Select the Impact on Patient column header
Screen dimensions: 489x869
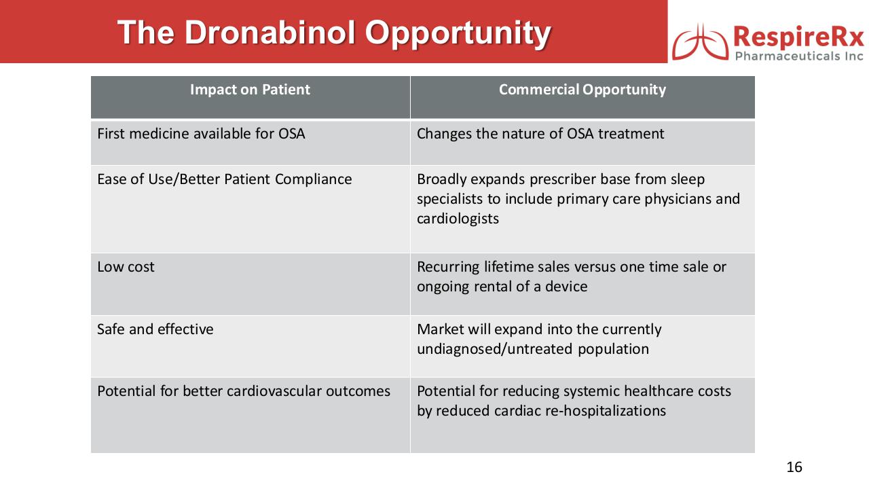click(x=250, y=90)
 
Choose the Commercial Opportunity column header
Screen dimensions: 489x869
click(x=582, y=90)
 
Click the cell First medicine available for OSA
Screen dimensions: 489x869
click(x=201, y=134)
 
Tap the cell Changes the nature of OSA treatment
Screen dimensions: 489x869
click(x=540, y=134)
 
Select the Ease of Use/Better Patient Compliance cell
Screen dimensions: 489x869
click(x=225, y=179)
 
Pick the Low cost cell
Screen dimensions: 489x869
click(x=126, y=267)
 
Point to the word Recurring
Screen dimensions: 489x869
click(x=447, y=267)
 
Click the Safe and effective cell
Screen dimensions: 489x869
click(x=155, y=329)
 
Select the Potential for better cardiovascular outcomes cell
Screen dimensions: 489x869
click(x=244, y=391)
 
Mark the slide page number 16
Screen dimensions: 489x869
click(x=794, y=467)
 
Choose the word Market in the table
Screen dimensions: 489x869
click(x=440, y=329)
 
